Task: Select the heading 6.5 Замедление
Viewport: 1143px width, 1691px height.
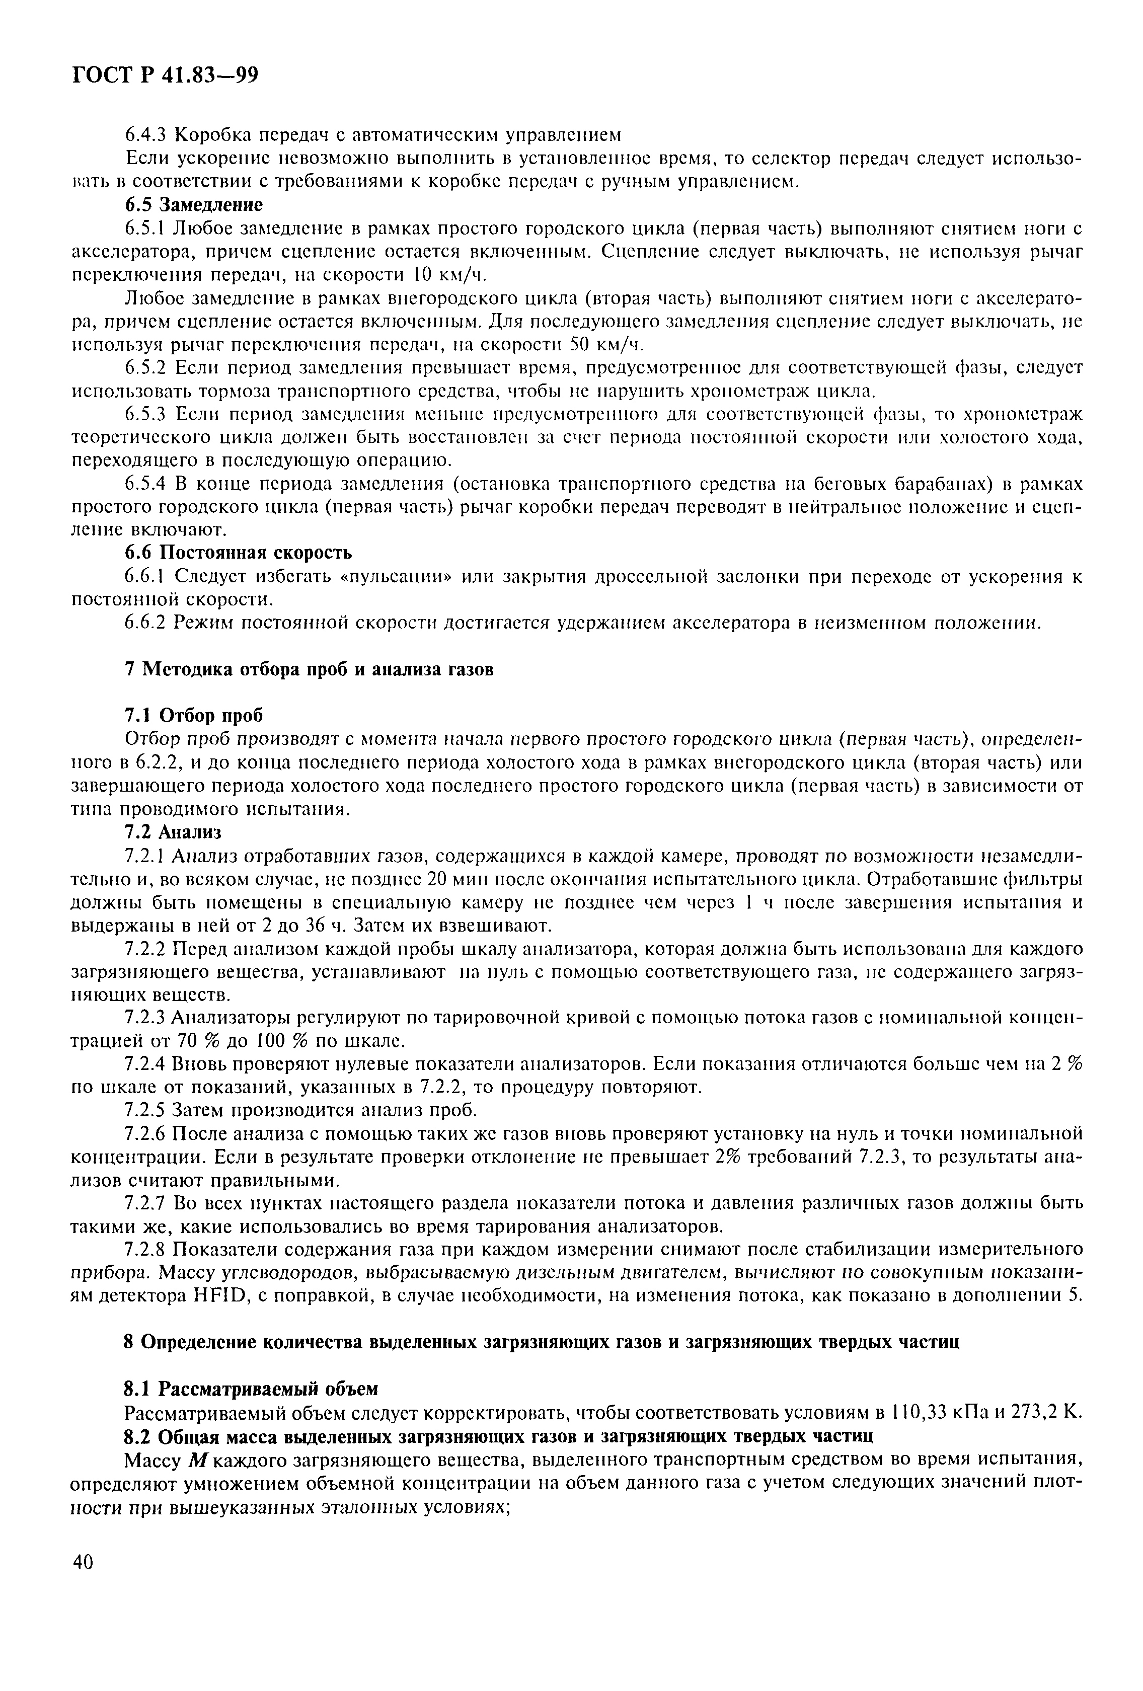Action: tap(193, 204)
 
